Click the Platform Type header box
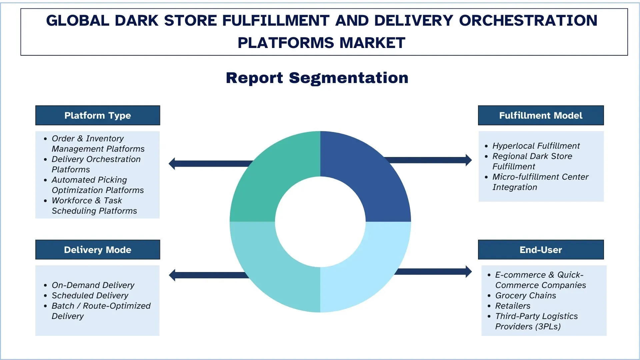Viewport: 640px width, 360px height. [98, 115]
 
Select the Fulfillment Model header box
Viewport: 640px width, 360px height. [541, 115]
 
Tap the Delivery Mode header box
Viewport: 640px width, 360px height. [98, 250]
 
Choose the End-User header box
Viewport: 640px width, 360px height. [541, 250]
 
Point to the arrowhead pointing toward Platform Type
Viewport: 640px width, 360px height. [172, 164]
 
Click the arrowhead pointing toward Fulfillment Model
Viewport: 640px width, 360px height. [468, 160]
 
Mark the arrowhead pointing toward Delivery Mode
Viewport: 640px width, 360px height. [172, 275]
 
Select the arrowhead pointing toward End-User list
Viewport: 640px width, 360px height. [468, 272]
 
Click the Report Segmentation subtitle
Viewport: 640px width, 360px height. [317, 78]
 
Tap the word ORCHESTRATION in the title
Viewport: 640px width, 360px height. [528, 21]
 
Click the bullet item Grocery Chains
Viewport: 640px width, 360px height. [525, 296]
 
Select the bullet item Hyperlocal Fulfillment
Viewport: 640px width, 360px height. [536, 146]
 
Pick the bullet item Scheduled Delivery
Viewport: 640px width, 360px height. [90, 296]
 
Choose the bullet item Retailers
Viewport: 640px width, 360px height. [513, 306]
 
